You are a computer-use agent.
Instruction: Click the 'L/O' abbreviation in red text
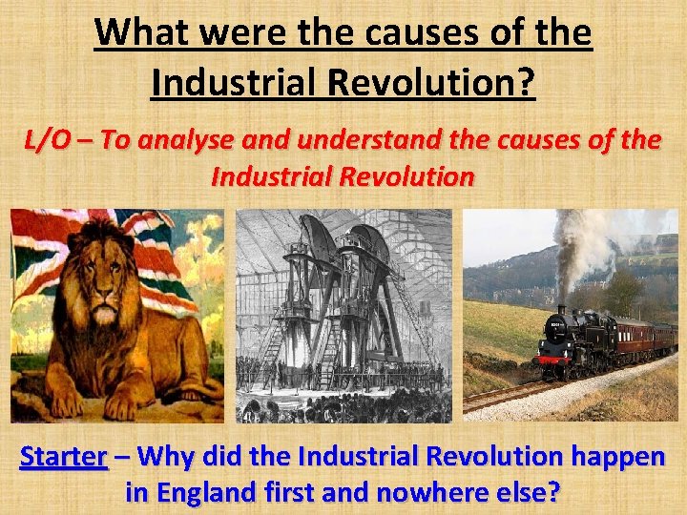click(x=47, y=140)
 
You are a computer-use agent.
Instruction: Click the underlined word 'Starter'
click(x=63, y=457)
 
